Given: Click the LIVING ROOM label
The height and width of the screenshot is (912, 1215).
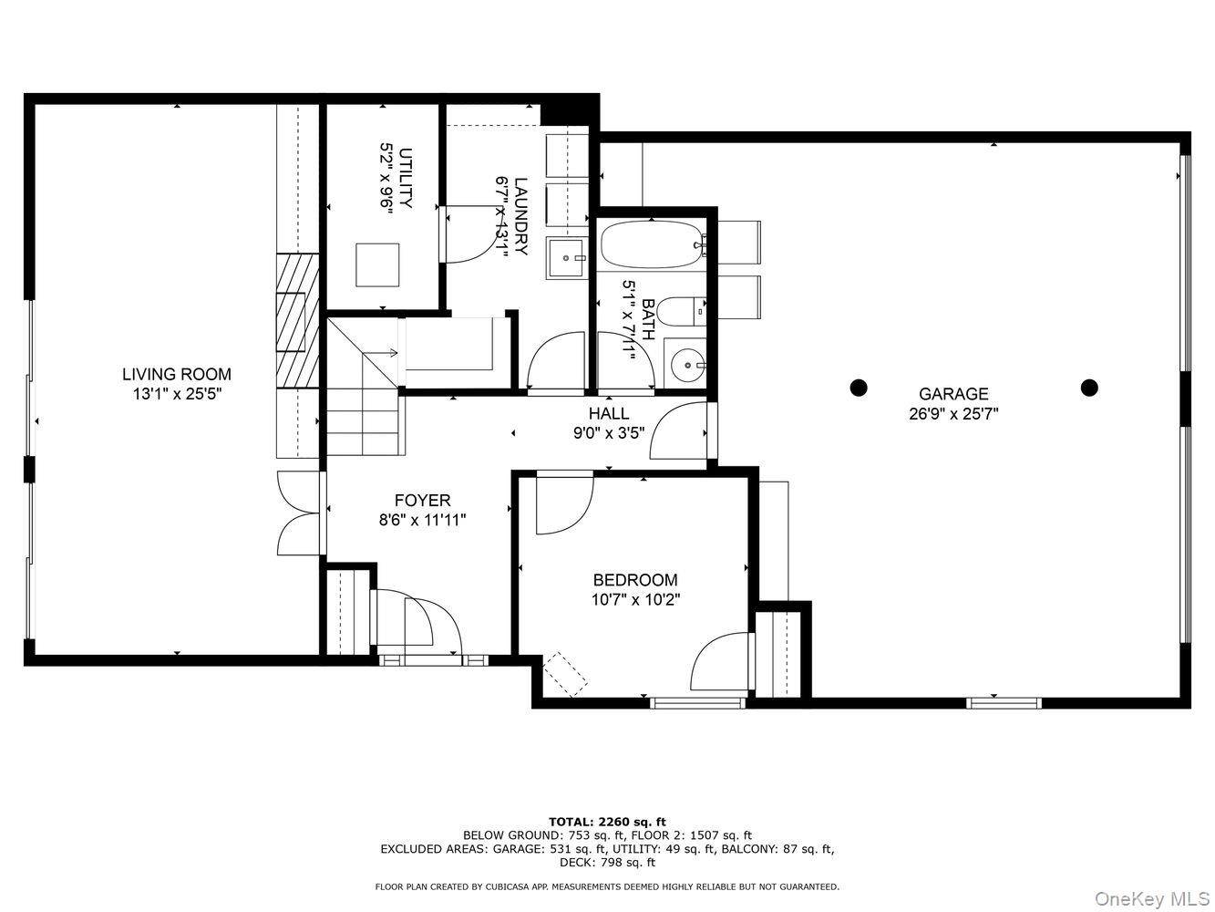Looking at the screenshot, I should [x=177, y=374].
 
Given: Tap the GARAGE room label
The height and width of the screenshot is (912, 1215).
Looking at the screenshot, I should [x=952, y=394].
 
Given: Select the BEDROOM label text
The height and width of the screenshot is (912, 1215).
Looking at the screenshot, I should [x=634, y=580].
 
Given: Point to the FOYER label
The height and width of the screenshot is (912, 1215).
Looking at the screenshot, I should [x=422, y=501].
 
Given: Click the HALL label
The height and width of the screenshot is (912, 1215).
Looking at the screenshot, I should [x=608, y=413].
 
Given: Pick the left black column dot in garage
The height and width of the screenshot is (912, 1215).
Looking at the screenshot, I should [x=858, y=388].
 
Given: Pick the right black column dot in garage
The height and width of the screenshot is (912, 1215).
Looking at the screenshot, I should [x=1088, y=388].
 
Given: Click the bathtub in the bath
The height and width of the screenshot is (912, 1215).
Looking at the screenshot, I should [x=651, y=244].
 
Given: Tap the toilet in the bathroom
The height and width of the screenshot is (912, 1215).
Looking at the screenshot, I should [x=681, y=312].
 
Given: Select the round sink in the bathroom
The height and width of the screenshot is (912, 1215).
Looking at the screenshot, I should [x=685, y=365].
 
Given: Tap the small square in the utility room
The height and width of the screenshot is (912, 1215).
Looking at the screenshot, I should [x=377, y=265].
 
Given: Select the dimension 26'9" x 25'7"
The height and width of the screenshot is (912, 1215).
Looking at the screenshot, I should [x=952, y=413].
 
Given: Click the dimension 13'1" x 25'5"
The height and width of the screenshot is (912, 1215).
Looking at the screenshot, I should [x=177, y=394].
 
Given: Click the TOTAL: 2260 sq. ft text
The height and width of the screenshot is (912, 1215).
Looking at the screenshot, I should [x=607, y=822].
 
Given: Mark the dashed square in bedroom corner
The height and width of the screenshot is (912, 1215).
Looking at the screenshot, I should [x=566, y=675].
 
